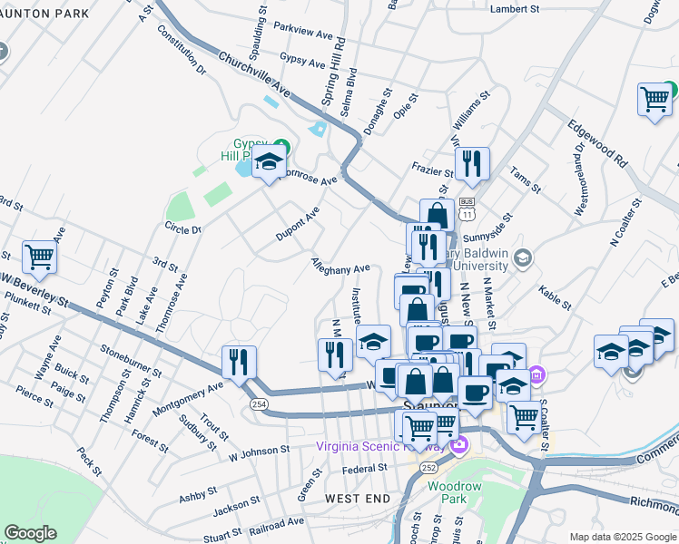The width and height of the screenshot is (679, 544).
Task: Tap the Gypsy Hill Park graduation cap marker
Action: click(x=269, y=164)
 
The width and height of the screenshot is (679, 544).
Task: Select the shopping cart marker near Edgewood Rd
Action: click(x=654, y=100)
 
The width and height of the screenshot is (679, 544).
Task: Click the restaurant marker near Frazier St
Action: click(x=472, y=164)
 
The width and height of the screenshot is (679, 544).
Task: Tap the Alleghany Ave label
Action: click(x=340, y=268)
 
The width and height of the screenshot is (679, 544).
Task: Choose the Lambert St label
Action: click(x=515, y=8)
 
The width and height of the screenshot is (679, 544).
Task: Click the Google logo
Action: click(x=30, y=533)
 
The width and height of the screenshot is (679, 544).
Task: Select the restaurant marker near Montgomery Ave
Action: click(x=239, y=362)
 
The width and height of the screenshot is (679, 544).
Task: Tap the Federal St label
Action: click(x=365, y=469)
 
